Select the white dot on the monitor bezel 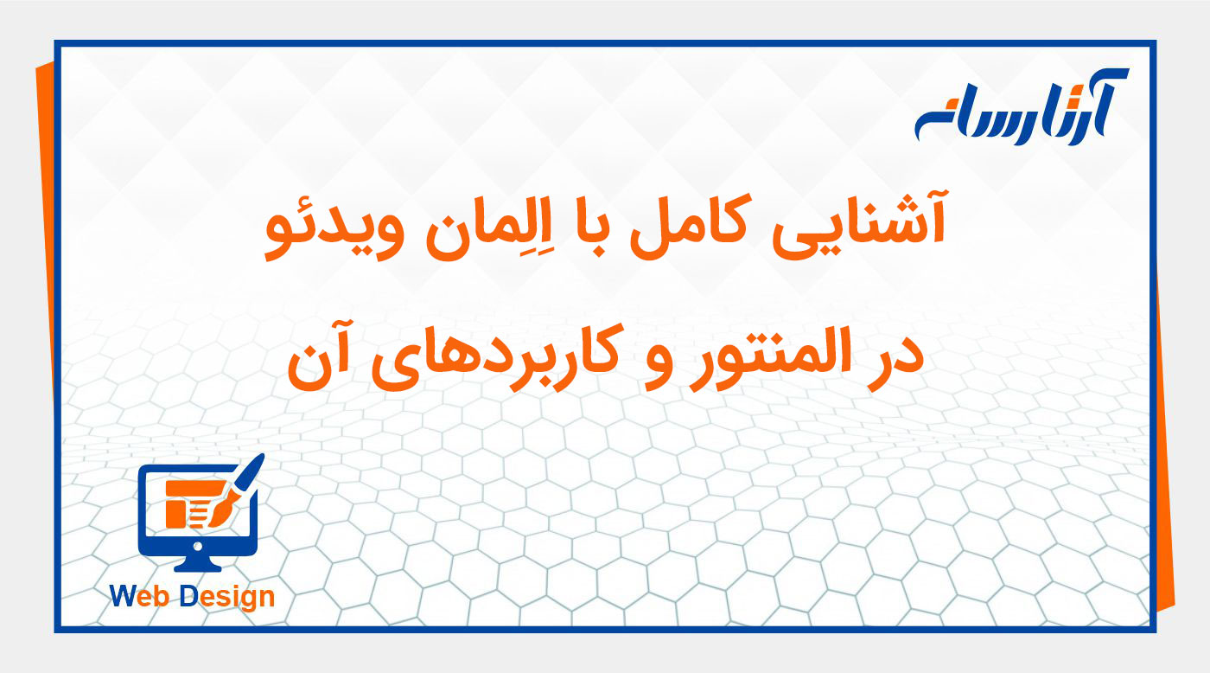click(198, 546)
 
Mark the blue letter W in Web click(123, 596)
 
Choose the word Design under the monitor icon click(227, 597)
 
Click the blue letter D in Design click(188, 596)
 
